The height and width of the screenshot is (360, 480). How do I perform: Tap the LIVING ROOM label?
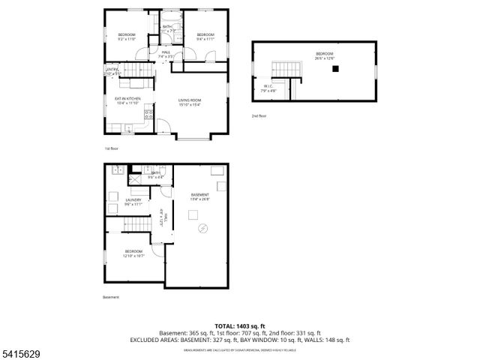pos(190,103)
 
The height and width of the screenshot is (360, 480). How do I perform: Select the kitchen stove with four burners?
pos(148,115)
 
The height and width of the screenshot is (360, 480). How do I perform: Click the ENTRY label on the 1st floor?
pos(112,73)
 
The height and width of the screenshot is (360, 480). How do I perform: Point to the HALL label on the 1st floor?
pos(166,54)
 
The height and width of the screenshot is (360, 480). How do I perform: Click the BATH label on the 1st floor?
pos(168,28)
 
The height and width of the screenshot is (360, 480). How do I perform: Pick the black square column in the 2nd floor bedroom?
pos(336,69)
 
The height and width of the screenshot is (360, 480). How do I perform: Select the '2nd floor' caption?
pos(259,116)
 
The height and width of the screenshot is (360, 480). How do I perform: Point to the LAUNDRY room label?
pos(133,201)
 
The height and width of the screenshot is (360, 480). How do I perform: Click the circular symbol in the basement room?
pos(200,228)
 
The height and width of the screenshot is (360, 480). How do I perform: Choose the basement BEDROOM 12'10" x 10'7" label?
pos(134,253)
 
